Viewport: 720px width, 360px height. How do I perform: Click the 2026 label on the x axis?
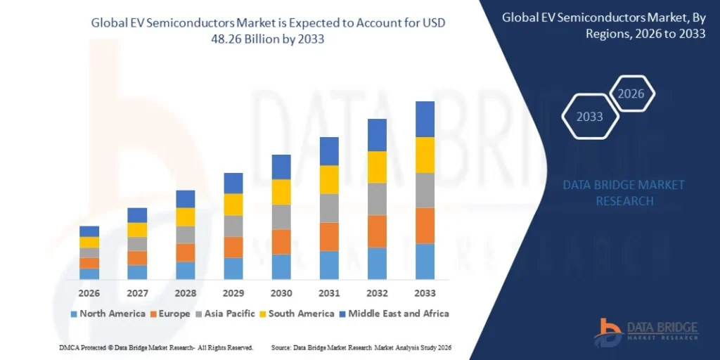point(89,292)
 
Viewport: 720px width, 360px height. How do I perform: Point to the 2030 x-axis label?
point(281,292)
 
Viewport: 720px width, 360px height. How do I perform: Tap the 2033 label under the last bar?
point(425,292)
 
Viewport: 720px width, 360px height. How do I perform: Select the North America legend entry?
point(107,314)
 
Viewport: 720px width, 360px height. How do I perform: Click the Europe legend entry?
point(169,314)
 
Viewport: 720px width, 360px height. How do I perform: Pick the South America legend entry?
point(296,314)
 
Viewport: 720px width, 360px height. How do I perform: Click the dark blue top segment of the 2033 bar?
point(425,119)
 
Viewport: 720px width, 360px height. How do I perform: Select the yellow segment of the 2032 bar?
point(377,167)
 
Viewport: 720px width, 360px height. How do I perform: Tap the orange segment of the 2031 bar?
point(329,236)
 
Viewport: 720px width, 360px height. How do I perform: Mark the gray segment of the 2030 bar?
point(281,217)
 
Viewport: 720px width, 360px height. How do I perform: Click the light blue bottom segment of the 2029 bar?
point(233,268)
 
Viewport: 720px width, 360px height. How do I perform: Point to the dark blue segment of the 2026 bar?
point(89,231)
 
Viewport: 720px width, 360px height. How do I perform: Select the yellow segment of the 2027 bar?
point(137,230)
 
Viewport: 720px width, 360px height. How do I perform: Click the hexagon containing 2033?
point(590,117)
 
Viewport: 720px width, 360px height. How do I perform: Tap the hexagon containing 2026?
point(631,94)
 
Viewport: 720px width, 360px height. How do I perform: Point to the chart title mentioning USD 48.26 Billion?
point(268,31)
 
